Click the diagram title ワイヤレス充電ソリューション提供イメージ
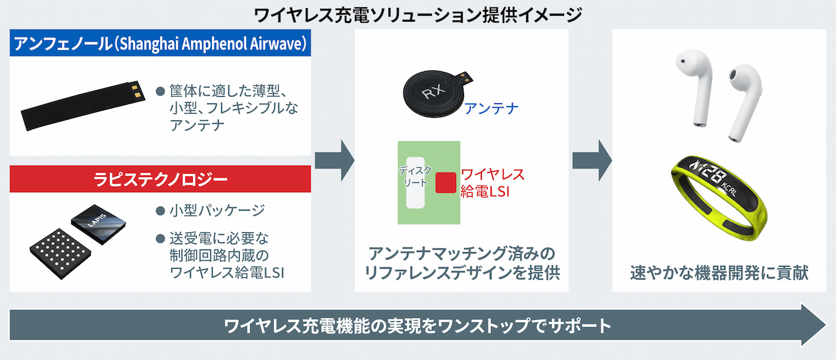pos(417,13)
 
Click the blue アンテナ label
pos(491,108)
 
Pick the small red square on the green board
pos(446,182)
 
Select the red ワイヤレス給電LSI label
pos(492,183)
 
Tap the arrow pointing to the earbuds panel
pos(591,159)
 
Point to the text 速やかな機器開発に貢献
pos(719,272)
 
